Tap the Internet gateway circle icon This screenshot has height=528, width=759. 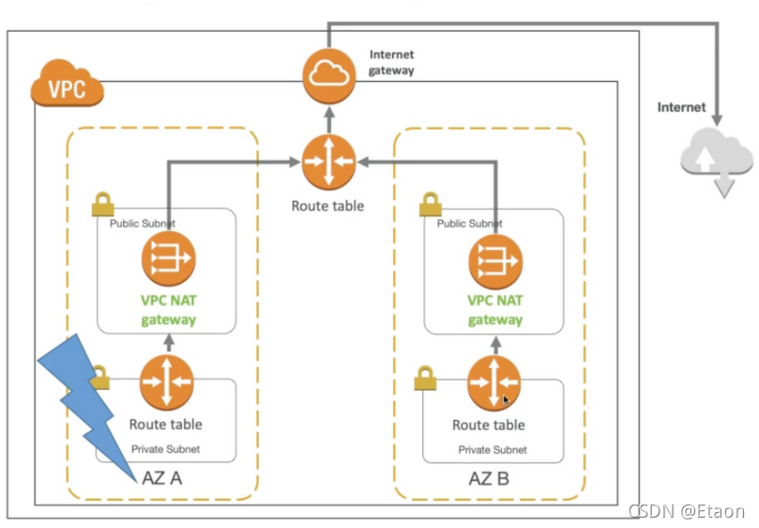[x=328, y=73]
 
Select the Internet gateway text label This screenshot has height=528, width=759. [x=391, y=62]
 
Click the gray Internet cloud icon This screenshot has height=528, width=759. [x=716, y=157]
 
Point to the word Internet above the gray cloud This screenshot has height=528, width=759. [x=681, y=107]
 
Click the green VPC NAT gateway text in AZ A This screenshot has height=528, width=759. [x=169, y=310]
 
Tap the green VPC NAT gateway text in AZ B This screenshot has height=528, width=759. [x=495, y=310]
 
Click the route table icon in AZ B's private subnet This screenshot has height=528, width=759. [x=493, y=383]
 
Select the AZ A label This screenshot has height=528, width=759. [x=161, y=477]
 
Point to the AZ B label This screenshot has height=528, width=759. [x=489, y=478]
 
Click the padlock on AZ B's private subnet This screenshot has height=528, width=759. [x=426, y=380]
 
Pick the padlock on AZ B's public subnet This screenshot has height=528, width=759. [x=430, y=204]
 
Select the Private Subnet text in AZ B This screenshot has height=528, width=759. [x=493, y=450]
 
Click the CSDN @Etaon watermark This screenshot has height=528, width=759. [x=686, y=511]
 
